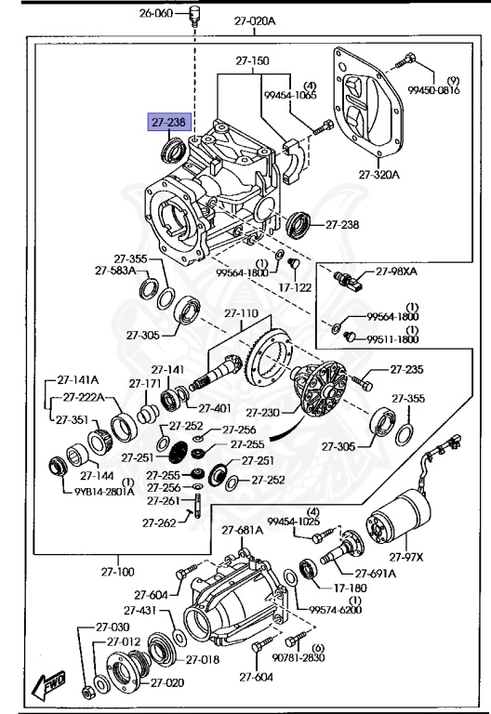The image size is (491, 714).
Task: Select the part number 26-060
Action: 157,13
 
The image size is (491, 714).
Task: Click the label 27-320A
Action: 378,174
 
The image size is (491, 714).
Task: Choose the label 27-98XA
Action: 397,271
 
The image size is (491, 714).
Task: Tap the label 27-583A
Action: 114,271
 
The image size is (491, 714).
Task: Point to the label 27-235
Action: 406,370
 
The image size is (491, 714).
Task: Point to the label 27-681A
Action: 243,530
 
